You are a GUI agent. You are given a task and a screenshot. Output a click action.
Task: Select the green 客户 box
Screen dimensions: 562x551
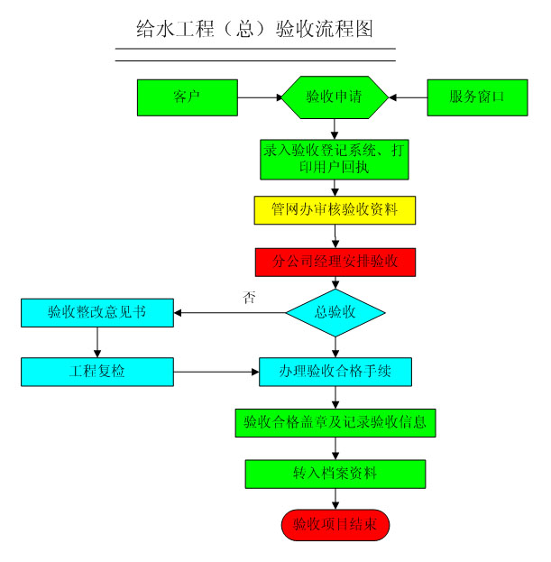point(187,97)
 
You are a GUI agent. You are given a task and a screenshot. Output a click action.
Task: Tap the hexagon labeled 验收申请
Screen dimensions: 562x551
point(335,97)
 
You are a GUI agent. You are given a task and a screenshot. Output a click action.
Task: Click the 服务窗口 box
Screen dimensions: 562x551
point(476,97)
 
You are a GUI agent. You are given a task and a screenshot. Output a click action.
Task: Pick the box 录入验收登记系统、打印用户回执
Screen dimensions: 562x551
point(335,159)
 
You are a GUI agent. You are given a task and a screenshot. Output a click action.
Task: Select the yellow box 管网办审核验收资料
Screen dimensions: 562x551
point(335,210)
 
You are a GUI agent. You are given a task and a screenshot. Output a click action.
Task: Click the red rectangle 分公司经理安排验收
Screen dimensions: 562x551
point(335,262)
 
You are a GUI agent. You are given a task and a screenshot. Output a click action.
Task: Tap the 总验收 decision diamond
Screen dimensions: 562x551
point(335,313)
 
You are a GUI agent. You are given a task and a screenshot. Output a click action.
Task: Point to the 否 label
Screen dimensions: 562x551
point(250,297)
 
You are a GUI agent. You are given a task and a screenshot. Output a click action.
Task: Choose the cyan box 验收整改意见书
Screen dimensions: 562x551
point(96,313)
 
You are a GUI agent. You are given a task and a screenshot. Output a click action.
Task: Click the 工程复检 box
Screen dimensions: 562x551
point(96,371)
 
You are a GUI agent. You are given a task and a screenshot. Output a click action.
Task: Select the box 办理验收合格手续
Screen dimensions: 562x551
point(335,371)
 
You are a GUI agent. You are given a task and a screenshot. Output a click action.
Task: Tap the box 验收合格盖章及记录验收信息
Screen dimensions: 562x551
point(335,421)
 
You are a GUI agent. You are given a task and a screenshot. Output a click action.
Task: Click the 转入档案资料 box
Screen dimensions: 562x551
point(335,474)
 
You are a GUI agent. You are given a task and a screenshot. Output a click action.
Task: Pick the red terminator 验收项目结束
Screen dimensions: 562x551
point(335,524)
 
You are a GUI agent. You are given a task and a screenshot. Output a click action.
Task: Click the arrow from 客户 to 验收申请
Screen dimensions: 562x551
point(260,97)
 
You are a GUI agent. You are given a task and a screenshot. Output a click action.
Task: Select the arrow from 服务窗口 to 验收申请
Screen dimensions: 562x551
point(407,97)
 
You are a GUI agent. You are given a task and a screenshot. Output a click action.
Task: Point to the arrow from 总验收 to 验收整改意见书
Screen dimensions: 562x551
point(230,313)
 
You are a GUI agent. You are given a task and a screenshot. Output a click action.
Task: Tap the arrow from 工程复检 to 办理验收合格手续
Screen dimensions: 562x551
point(216,371)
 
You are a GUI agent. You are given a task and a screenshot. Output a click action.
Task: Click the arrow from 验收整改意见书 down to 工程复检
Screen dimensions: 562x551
point(96,342)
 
